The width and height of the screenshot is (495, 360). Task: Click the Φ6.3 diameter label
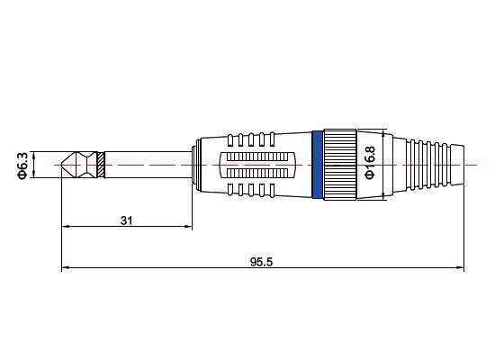(x=22, y=166)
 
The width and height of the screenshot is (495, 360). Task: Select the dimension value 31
(x=127, y=219)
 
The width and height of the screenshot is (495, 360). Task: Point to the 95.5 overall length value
(x=261, y=262)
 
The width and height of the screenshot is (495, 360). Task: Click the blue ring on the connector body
(x=317, y=165)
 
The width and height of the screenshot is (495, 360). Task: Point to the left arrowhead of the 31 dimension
(x=65, y=227)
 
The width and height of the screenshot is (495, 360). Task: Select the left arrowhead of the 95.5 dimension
(x=65, y=269)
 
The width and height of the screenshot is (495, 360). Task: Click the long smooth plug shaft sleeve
(x=148, y=166)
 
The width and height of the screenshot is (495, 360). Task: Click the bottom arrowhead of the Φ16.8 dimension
(x=384, y=195)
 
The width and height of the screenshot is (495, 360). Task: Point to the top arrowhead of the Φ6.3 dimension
(x=34, y=155)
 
